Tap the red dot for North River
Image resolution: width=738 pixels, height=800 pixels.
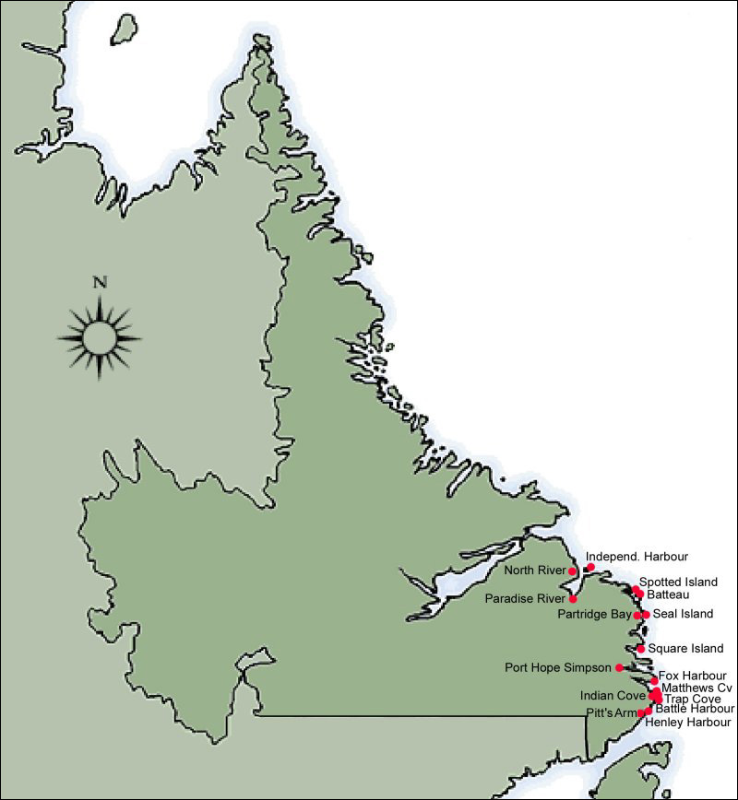pyautogui.click(x=573, y=571)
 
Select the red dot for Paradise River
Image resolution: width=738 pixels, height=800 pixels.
pyautogui.click(x=573, y=599)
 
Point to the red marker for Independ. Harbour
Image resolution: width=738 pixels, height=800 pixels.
pyautogui.click(x=590, y=568)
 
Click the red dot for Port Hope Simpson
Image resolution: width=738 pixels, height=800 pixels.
pyautogui.click(x=619, y=667)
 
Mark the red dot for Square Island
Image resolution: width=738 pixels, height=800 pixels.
pyautogui.click(x=641, y=649)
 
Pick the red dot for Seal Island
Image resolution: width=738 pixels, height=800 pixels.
pyautogui.click(x=646, y=614)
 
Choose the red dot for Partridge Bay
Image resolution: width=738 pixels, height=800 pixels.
pyautogui.click(x=637, y=615)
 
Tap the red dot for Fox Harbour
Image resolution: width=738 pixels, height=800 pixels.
pyautogui.click(x=654, y=680)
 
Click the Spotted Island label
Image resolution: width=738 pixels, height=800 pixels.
pyautogui.click(x=678, y=582)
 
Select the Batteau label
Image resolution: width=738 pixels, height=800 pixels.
pyautogui.click(x=668, y=595)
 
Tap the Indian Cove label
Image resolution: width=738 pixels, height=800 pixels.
pyautogui.click(x=613, y=696)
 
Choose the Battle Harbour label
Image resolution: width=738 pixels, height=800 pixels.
pyautogui.click(x=695, y=709)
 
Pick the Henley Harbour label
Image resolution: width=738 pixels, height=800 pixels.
pyautogui.click(x=688, y=722)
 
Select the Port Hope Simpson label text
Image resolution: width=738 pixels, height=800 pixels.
pyautogui.click(x=558, y=667)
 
